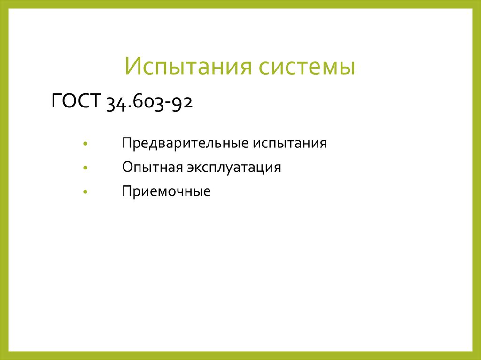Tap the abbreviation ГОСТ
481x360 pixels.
(x=76, y=101)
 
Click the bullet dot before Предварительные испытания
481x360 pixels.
(x=85, y=143)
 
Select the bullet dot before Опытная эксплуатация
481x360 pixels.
(x=85, y=168)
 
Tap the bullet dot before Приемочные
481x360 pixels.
(x=85, y=192)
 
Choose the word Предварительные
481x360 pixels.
(x=186, y=143)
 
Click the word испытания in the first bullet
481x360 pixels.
(x=290, y=143)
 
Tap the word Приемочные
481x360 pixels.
(x=166, y=191)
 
